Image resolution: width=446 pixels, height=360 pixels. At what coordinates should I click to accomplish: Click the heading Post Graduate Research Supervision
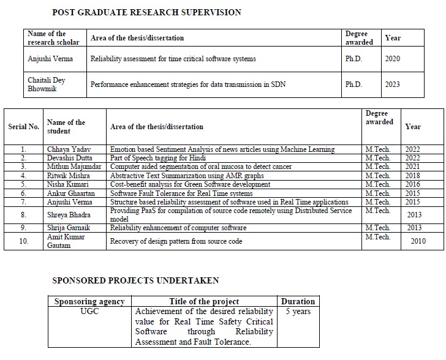click(x=146, y=12)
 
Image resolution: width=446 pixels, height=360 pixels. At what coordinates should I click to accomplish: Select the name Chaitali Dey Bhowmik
click(x=47, y=84)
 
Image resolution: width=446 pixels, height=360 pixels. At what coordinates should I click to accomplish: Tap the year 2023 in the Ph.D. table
click(x=392, y=84)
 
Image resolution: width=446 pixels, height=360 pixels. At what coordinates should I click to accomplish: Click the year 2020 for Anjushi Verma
click(x=392, y=59)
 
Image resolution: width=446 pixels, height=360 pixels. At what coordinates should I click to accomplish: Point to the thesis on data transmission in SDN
click(x=188, y=84)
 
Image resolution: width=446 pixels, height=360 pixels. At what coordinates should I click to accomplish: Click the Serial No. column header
click(x=24, y=127)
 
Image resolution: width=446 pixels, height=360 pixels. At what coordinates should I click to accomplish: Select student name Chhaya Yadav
click(x=64, y=149)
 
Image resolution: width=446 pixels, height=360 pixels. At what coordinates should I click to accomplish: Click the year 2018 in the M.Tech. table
click(x=412, y=175)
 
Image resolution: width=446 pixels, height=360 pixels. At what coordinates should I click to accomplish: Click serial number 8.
click(x=23, y=215)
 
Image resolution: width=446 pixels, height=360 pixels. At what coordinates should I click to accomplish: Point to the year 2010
click(x=418, y=241)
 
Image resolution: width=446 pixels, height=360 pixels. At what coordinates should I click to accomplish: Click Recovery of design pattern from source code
click(x=176, y=241)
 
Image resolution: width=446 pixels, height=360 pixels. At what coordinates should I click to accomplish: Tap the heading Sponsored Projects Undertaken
click(x=135, y=280)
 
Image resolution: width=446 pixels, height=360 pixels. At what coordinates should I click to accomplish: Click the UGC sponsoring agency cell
click(x=89, y=312)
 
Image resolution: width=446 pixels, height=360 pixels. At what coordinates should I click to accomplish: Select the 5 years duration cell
click(x=298, y=312)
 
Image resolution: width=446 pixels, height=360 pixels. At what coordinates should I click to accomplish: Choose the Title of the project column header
click(x=204, y=301)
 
